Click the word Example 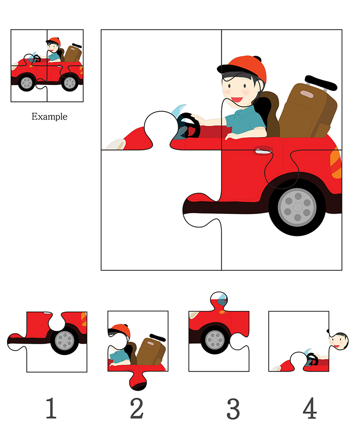tap(49, 116)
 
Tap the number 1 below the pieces tap(51, 408)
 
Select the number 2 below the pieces tap(137, 408)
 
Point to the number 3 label tap(233, 409)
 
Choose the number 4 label tap(310, 408)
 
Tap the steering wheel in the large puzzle tap(189, 126)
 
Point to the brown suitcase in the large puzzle tap(307, 111)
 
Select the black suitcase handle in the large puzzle tap(321, 82)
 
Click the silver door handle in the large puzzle tap(263, 151)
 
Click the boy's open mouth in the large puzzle tap(236, 100)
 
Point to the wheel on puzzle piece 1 tap(65, 341)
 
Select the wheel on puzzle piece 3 tap(215, 340)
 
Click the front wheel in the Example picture tap(27, 82)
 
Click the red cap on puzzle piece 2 tap(121, 330)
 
